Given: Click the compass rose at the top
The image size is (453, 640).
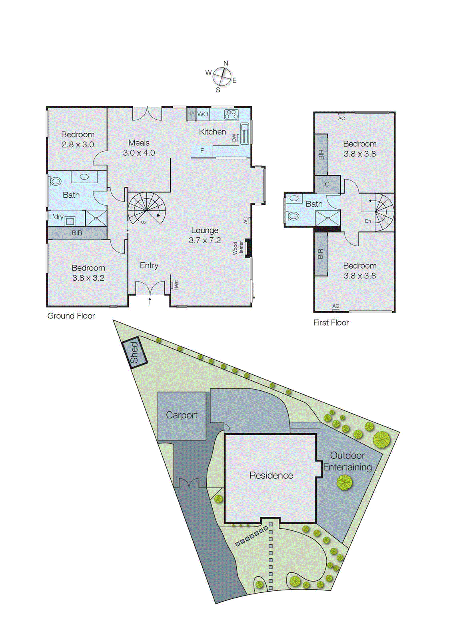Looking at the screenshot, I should [x=222, y=76].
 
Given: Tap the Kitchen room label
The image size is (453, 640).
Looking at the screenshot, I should [x=212, y=132].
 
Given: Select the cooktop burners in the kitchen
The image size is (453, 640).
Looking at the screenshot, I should [x=231, y=114].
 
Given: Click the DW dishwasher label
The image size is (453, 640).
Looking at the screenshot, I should [x=234, y=138].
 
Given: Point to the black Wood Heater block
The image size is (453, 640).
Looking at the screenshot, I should [x=248, y=248].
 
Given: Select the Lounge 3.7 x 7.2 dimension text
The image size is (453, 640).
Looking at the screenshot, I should [x=205, y=240].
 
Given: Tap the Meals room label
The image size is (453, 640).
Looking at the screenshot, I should [x=139, y=143].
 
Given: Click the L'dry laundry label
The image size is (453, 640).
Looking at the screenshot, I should [x=56, y=217].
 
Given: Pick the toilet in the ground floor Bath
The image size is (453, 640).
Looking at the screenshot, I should [x=55, y=181].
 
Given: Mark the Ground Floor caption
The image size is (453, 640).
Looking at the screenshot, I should [x=71, y=316].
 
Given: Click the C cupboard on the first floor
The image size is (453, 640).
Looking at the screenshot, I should [x=327, y=184].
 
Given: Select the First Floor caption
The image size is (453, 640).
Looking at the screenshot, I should [x=331, y=323].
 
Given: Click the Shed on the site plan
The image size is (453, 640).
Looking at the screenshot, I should [x=134, y=352].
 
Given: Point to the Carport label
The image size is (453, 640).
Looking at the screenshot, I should [x=182, y=415].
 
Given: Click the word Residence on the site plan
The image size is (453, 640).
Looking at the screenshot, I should [x=271, y=476].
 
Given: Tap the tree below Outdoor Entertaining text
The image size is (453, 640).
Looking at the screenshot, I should [x=344, y=483].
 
